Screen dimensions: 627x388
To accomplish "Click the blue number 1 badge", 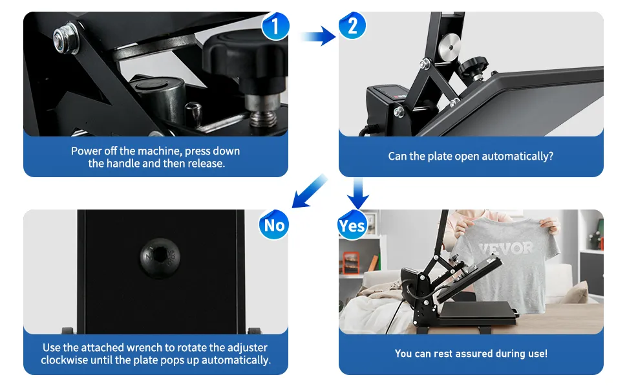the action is click(275, 26).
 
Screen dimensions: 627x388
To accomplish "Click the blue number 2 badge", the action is click(352, 26).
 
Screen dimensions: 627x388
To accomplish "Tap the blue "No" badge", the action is click(274, 225).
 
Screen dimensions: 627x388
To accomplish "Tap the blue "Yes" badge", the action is click(352, 225).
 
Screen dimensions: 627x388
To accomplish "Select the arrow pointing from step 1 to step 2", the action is click(318, 36).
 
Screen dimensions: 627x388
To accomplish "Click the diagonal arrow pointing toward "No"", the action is click(310, 191).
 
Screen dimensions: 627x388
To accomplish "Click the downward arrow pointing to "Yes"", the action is click(358, 193).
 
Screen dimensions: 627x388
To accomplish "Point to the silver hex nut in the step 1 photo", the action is click(66, 38).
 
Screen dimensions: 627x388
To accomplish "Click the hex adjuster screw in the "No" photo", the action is click(160, 258).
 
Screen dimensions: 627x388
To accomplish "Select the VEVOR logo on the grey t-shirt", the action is click(506, 249).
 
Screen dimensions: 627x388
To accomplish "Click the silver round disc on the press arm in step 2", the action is click(449, 47).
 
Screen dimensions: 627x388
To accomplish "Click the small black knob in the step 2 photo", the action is click(473, 65).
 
